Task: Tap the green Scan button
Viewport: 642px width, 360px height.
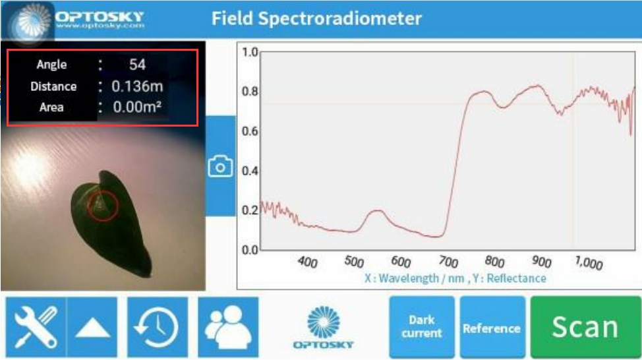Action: click(x=585, y=327)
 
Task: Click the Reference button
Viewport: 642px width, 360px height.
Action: click(x=491, y=328)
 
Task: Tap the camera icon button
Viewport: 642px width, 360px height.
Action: click(x=220, y=166)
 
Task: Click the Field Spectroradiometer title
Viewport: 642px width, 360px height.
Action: click(x=316, y=18)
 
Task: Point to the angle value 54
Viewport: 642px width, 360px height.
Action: click(x=137, y=65)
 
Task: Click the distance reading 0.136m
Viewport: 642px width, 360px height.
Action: click(x=137, y=86)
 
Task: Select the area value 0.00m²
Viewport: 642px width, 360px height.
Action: click(x=137, y=107)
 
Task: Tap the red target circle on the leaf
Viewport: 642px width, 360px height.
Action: click(x=103, y=206)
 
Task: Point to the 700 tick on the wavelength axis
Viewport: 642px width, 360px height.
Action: click(x=448, y=261)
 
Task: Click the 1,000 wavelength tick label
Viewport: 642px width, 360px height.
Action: click(x=588, y=263)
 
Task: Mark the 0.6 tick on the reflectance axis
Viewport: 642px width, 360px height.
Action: click(x=250, y=131)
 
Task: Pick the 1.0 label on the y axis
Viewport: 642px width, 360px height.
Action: click(x=250, y=52)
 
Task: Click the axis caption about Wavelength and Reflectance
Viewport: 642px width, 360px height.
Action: click(x=455, y=278)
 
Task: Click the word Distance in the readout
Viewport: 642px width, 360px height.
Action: click(x=53, y=86)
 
